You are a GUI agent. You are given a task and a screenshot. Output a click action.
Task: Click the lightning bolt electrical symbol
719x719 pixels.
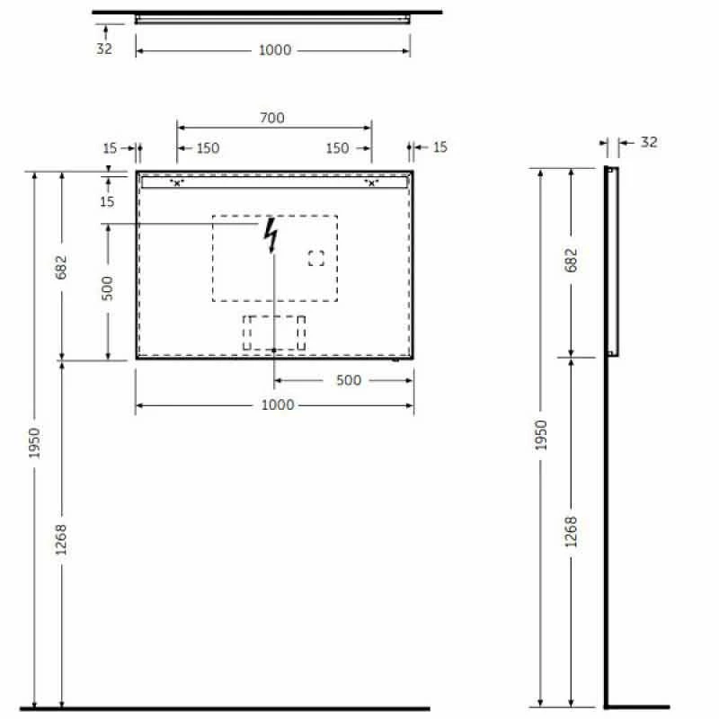271,236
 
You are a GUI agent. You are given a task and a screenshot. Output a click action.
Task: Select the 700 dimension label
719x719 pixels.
272,118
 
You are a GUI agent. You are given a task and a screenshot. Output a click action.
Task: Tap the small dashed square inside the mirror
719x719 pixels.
315,259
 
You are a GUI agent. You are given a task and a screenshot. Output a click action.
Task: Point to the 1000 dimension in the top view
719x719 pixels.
275,50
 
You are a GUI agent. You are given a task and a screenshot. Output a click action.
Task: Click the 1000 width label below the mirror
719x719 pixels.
277,404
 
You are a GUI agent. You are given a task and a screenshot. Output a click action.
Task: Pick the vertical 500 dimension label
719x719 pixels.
107,288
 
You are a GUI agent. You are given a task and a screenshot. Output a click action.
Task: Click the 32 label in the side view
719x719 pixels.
649,142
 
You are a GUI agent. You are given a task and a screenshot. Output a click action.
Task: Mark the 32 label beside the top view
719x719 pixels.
104,49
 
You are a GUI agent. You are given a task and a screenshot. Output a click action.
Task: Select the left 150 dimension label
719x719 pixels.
208,148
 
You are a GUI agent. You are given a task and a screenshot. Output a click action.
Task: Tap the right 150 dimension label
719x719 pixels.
337,148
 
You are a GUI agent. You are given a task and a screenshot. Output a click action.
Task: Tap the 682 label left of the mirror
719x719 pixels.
61,268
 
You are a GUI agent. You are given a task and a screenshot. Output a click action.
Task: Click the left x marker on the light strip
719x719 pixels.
177,183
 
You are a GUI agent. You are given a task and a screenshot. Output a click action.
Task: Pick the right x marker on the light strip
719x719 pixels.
371,183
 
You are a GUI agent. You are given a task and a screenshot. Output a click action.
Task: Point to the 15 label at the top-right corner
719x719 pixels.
439,147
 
